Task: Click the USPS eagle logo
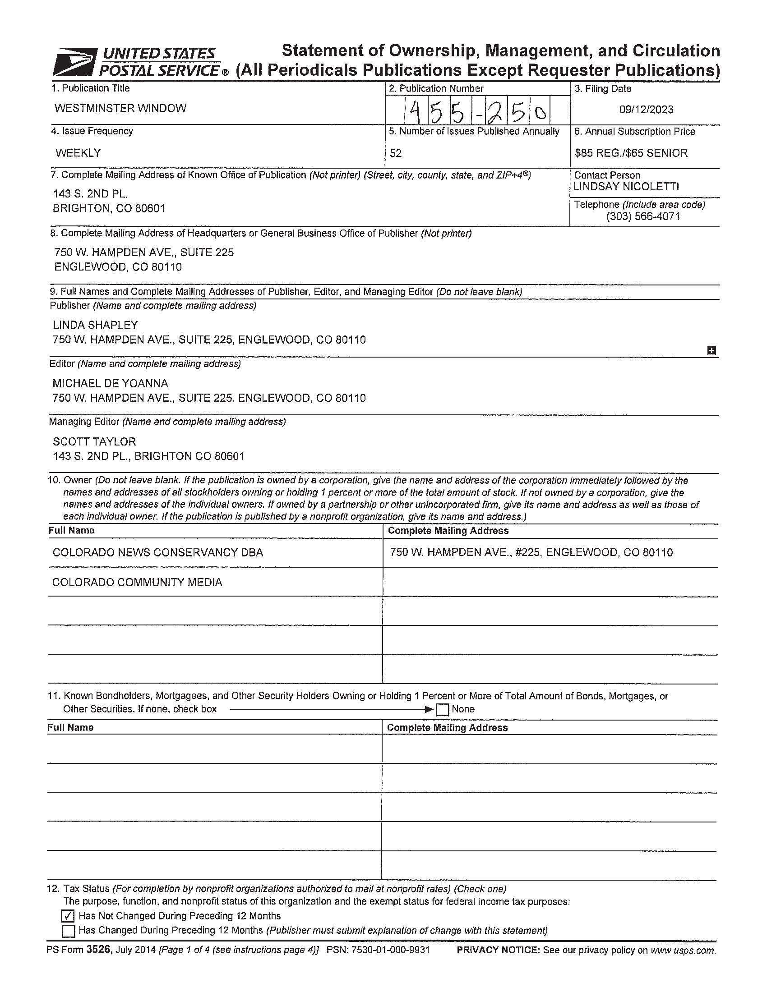[x=74, y=62]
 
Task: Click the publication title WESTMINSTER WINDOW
[x=120, y=109]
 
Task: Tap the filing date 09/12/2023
[x=646, y=110]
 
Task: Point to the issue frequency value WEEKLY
[x=78, y=153]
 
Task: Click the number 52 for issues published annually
[x=396, y=153]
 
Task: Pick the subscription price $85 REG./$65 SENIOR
[x=631, y=153]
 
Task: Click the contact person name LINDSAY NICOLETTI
[x=626, y=187]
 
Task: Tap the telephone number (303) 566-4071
[x=642, y=216]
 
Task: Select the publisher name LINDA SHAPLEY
[x=95, y=325]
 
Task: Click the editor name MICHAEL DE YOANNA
[x=111, y=383]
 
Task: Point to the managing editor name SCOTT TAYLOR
[x=94, y=441]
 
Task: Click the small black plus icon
[x=712, y=350]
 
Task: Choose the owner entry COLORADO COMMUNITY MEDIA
[x=137, y=582]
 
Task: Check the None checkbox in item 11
[x=442, y=709]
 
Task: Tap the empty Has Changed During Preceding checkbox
[x=68, y=931]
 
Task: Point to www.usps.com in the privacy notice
[x=683, y=950]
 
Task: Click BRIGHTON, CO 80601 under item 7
[x=109, y=208]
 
